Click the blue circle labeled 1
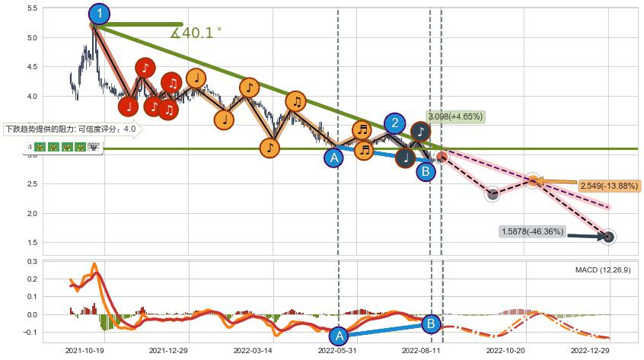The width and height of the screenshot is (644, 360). pyautogui.click(x=99, y=14)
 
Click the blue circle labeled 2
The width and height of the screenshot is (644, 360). pyautogui.click(x=394, y=123)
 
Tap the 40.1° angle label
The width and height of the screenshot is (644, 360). pyautogui.click(x=196, y=33)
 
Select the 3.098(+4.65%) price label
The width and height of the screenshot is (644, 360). pyautogui.click(x=455, y=116)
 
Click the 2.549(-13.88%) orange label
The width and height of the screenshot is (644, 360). pyautogui.click(x=609, y=186)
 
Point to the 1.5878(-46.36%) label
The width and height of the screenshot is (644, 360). pyautogui.click(x=533, y=231)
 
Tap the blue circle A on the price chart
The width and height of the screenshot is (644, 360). pyautogui.click(x=333, y=158)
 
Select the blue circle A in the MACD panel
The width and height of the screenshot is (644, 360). pyautogui.click(x=340, y=335)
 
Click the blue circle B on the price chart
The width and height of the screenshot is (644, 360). pyautogui.click(x=426, y=172)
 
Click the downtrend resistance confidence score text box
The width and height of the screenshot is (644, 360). pyautogui.click(x=70, y=129)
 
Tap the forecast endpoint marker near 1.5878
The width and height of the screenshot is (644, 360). pyautogui.click(x=608, y=237)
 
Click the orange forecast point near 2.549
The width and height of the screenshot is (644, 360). pyautogui.click(x=534, y=180)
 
